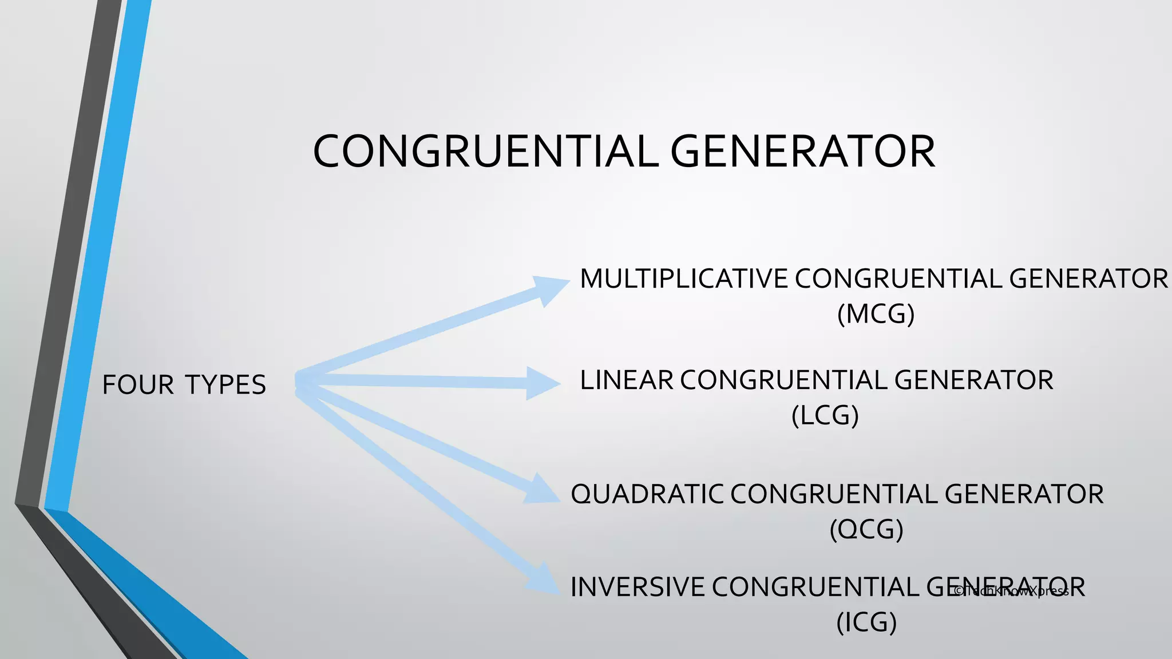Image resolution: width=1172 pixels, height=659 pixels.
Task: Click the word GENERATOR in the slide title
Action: [802, 152]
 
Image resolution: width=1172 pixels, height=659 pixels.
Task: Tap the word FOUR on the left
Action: [138, 385]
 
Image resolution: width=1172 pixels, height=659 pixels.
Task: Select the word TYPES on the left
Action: [225, 385]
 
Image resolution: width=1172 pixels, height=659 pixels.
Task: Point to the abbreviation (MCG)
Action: [876, 314]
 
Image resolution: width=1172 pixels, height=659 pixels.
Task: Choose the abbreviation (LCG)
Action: [825, 415]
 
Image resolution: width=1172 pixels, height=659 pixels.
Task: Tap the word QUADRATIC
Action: [647, 494]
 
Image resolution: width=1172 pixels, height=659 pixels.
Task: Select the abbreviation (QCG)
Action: [866, 529]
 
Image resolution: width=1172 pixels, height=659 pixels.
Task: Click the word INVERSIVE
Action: [638, 587]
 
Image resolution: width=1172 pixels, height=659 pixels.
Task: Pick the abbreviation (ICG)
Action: [866, 622]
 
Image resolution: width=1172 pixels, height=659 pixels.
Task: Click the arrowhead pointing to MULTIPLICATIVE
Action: [549, 289]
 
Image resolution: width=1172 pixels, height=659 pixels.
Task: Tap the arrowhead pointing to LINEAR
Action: [543, 383]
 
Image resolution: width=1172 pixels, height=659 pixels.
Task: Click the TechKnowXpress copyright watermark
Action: [1011, 591]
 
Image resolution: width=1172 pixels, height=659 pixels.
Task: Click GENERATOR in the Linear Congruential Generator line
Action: [973, 380]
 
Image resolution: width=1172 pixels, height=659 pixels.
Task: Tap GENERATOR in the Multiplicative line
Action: [1088, 279]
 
